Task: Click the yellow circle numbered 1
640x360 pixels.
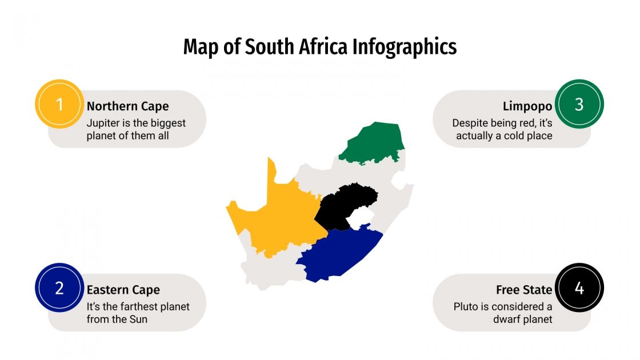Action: click(59, 104)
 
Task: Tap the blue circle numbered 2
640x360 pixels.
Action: click(59, 288)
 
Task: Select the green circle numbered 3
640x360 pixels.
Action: click(579, 104)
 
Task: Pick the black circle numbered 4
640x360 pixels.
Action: click(579, 288)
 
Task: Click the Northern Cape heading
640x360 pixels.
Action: click(127, 106)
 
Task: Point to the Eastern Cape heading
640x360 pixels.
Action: click(123, 290)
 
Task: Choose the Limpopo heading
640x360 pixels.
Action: click(527, 106)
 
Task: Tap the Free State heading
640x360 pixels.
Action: click(524, 290)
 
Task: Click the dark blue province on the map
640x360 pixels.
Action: click(340, 254)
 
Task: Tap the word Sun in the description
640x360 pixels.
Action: click(138, 319)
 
